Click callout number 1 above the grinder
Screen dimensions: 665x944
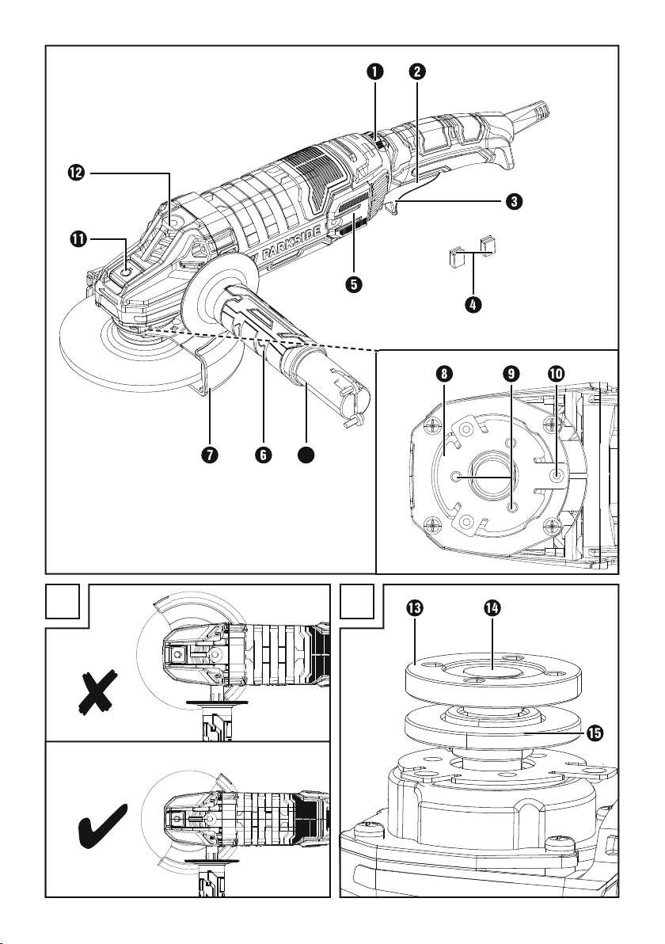point(374,71)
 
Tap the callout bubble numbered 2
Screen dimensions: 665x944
point(416,71)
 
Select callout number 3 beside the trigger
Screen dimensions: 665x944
point(513,201)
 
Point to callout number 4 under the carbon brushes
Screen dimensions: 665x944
point(473,304)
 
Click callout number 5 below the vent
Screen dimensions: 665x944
point(354,284)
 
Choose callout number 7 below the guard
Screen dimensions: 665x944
point(210,455)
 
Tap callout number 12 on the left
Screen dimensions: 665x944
point(77,173)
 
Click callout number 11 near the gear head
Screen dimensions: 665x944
point(77,239)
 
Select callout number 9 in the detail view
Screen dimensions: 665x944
point(511,374)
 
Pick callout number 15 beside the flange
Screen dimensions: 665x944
point(594,733)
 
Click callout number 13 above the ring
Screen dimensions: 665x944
point(414,609)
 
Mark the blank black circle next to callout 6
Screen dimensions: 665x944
point(306,455)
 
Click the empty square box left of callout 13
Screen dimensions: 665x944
point(357,601)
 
